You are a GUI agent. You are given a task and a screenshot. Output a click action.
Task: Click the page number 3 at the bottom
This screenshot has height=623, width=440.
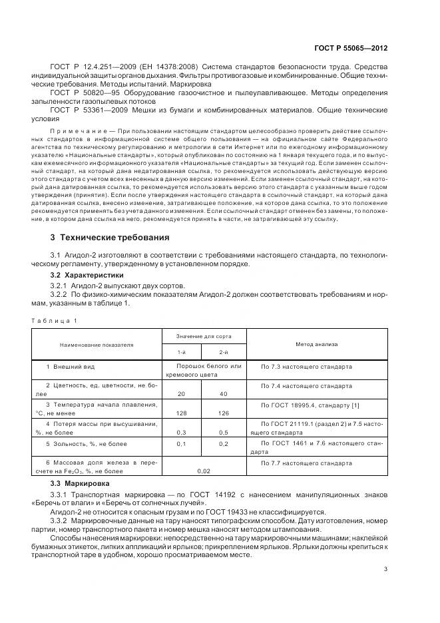(386, 569)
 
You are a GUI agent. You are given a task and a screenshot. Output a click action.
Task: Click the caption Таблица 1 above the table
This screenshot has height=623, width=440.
(54, 321)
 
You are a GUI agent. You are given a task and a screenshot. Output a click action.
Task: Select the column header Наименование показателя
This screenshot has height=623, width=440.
(97, 345)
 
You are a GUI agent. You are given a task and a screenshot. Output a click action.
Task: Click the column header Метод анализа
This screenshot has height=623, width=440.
(317, 345)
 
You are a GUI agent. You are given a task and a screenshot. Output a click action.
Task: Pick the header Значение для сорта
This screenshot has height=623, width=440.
(203, 338)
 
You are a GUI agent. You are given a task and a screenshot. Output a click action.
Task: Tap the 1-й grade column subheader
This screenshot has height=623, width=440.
(182, 353)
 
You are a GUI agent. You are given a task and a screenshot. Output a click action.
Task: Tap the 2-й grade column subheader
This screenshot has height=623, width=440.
(224, 353)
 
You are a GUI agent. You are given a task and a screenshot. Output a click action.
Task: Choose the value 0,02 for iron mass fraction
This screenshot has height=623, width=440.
(204, 471)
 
